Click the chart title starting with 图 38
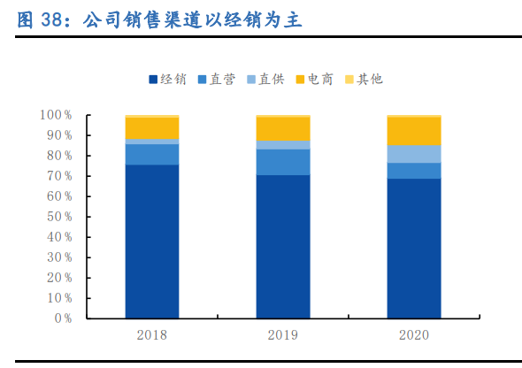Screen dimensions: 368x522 (159, 20)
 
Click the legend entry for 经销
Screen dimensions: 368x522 (167, 80)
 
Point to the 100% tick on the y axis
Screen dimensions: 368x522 (56, 115)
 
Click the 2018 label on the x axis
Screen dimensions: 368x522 (151, 334)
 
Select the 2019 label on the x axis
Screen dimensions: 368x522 (282, 334)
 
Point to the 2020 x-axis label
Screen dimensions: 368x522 (413, 334)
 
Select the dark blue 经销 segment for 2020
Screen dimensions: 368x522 (413, 248)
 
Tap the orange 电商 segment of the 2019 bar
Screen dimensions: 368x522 (282, 128)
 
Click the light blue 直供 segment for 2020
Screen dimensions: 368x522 (413, 153)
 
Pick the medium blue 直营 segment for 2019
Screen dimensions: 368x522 (282, 162)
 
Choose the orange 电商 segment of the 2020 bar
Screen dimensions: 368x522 (413, 130)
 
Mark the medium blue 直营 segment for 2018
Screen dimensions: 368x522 (151, 154)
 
